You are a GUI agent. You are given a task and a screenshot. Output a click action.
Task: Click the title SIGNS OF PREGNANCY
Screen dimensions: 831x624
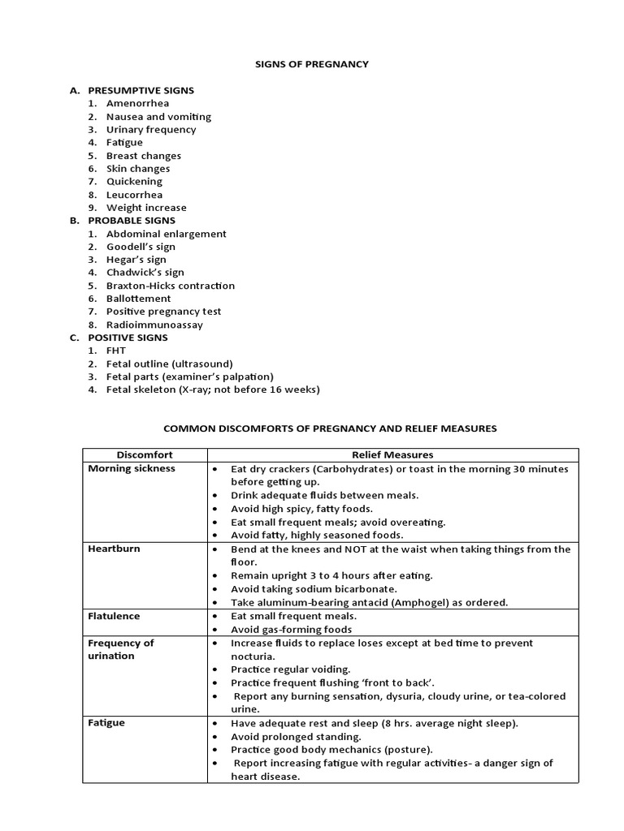(x=312, y=64)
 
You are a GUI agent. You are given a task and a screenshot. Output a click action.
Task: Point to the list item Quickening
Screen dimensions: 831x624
(x=134, y=181)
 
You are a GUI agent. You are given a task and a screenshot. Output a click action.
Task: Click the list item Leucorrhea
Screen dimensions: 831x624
(x=134, y=194)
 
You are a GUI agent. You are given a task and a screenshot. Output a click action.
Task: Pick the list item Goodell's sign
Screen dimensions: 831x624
(x=141, y=246)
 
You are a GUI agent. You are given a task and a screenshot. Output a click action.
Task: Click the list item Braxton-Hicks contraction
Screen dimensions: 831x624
(x=170, y=285)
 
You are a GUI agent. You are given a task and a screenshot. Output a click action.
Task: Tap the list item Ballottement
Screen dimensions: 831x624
(x=138, y=298)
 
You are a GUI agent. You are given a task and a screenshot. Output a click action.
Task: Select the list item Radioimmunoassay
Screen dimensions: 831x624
(x=154, y=324)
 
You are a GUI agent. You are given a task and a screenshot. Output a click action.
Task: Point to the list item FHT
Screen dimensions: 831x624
(x=116, y=350)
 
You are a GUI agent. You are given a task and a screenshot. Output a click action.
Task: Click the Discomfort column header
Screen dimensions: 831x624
(x=145, y=454)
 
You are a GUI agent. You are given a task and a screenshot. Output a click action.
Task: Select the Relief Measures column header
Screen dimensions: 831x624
(x=392, y=454)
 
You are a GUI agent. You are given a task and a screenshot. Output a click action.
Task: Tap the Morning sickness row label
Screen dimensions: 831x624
(x=132, y=468)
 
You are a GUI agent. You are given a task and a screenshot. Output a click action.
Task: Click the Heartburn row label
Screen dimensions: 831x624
(x=114, y=549)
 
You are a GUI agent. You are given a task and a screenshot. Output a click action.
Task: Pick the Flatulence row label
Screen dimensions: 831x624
(x=114, y=616)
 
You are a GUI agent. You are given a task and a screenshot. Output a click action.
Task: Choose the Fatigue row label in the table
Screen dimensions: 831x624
(x=106, y=722)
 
